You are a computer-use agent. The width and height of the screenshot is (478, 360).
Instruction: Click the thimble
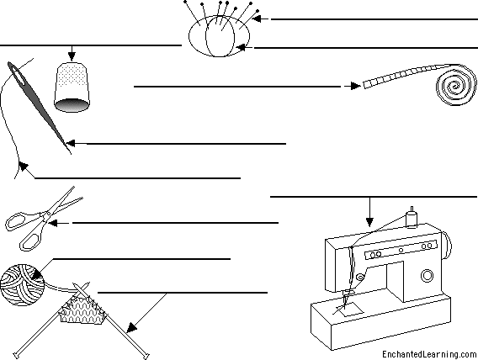[72, 87]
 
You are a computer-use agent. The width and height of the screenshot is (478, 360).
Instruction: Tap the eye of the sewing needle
[17, 75]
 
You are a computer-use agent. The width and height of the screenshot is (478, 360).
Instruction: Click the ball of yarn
[22, 285]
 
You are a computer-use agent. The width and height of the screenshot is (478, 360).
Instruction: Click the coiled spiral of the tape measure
[456, 85]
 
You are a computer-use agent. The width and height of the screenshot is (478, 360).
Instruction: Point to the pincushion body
[219, 36]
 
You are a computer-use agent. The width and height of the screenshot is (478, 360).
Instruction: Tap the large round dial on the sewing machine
[427, 276]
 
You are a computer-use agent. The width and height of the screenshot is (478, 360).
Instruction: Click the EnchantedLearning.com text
[429, 354]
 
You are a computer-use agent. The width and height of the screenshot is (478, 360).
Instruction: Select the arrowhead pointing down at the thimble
[72, 56]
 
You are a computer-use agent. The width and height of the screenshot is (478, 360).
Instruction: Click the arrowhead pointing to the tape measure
[355, 86]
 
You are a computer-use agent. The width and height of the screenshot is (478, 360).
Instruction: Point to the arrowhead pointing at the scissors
[53, 223]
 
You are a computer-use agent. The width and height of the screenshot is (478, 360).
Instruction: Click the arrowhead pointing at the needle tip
[71, 143]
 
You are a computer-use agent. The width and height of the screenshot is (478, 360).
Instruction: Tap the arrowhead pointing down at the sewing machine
[369, 222]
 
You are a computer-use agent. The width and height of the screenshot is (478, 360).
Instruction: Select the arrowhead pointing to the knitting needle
[131, 328]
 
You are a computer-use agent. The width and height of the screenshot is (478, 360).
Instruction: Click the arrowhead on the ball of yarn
[36, 275]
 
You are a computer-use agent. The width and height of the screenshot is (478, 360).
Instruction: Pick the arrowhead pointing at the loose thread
[24, 167]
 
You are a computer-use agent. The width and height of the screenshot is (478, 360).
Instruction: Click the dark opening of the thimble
[72, 105]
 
